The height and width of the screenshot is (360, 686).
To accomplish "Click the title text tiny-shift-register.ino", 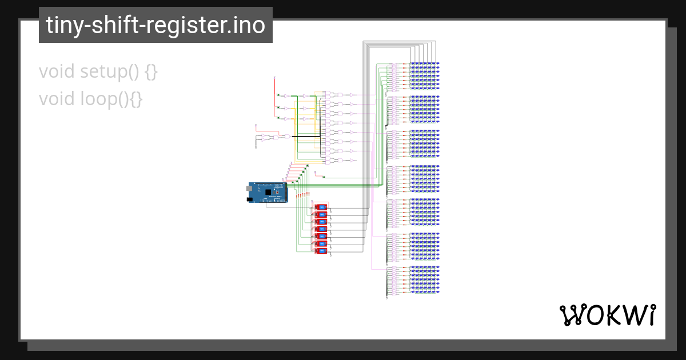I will [155, 26].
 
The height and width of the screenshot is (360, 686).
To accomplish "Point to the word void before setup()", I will [57, 72].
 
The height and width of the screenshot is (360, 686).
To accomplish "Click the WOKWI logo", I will [607, 315].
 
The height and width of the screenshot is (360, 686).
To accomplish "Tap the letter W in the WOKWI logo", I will [572, 315].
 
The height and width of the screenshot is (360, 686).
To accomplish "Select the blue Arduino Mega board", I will [268, 193].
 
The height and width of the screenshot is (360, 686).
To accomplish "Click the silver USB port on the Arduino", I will [250, 187].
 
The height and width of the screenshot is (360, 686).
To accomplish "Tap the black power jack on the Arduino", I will [250, 199].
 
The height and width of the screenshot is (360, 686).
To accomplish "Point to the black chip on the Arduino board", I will [268, 193].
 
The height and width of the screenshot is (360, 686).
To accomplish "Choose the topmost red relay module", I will [321, 207].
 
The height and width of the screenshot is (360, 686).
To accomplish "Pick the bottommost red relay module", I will [321, 251].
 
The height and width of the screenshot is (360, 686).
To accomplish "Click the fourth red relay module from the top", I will [321, 229].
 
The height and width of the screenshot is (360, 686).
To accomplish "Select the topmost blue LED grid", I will [424, 77].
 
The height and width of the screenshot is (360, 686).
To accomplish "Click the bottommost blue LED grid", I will [424, 280].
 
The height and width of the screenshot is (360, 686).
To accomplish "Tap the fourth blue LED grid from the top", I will [424, 179].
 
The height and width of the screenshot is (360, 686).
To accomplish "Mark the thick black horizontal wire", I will [306, 137].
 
